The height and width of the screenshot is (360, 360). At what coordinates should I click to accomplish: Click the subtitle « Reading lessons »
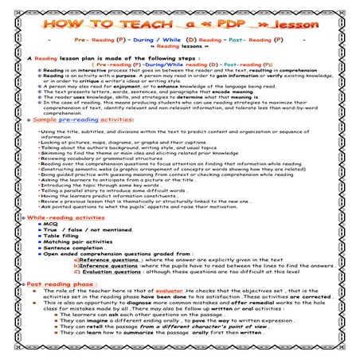(180, 46)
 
